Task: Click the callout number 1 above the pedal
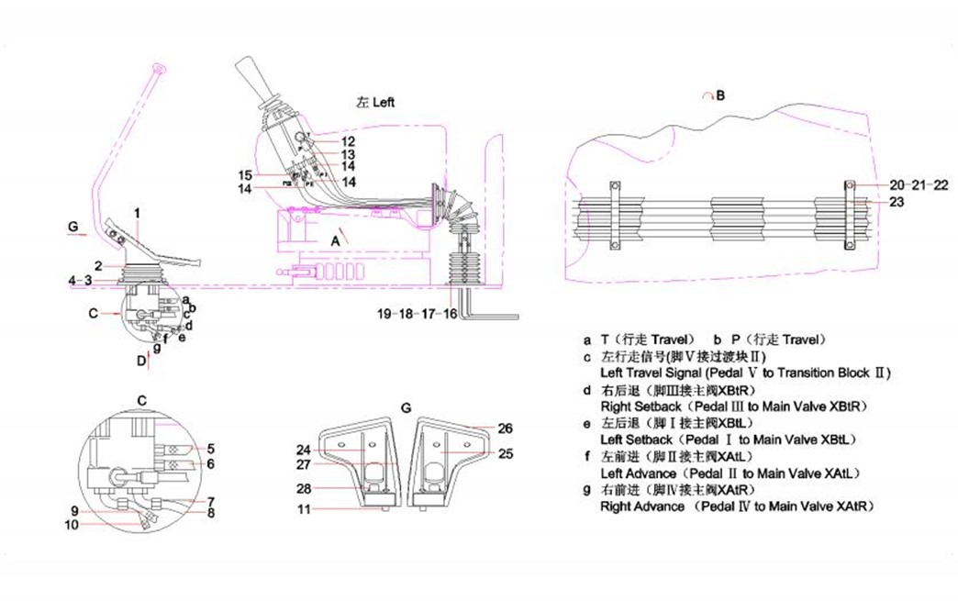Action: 137,214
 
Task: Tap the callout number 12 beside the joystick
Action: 348,141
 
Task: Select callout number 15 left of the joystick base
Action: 244,175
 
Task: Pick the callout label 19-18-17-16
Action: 417,313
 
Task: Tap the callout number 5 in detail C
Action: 210,449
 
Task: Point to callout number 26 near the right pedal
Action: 506,428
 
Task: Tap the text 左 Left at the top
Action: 375,102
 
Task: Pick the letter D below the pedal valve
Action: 141,361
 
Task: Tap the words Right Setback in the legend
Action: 641,406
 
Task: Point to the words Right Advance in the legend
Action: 642,506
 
